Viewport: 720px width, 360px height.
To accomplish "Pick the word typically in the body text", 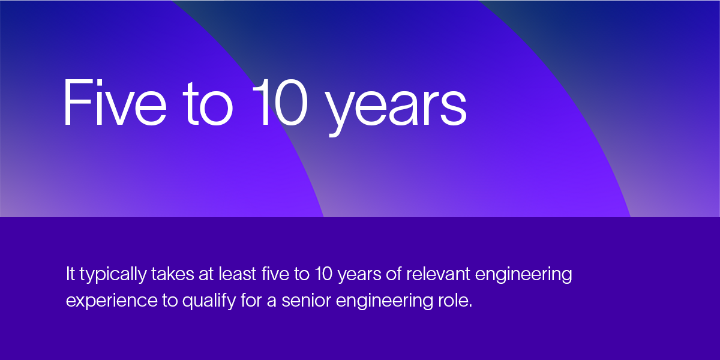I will point(113,276).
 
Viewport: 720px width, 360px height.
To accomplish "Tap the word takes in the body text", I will point(172,275).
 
